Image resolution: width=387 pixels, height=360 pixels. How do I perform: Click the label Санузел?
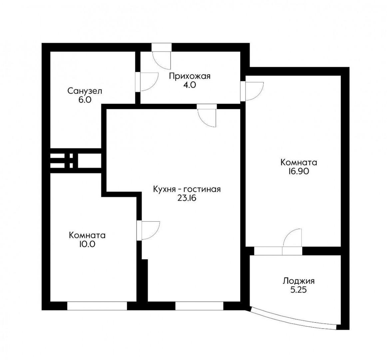point(85,91)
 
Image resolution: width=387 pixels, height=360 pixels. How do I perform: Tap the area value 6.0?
point(85,100)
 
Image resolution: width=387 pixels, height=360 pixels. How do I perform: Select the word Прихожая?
point(190,76)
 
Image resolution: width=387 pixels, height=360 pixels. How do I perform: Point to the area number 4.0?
point(190,85)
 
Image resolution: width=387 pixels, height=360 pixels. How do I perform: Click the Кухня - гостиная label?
point(187,189)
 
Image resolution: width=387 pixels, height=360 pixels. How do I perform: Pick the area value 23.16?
point(187,198)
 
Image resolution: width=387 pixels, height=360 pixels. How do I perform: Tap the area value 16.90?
point(298,171)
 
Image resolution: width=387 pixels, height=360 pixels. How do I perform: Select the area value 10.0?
point(87,244)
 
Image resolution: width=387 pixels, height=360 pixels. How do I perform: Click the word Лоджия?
point(298,281)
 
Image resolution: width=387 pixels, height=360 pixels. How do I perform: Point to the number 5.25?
point(298,290)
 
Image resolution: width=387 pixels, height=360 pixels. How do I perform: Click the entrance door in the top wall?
point(161,56)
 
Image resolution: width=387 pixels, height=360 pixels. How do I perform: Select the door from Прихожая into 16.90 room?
point(252,91)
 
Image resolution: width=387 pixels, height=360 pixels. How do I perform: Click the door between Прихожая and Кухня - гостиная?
point(207,115)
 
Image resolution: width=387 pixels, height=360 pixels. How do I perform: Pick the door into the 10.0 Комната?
point(148,230)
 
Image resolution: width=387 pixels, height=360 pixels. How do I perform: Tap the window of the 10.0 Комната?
point(97,306)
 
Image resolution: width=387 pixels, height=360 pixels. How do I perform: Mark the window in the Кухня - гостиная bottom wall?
point(200,306)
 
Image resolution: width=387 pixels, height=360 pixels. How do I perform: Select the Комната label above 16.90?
point(298,162)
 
